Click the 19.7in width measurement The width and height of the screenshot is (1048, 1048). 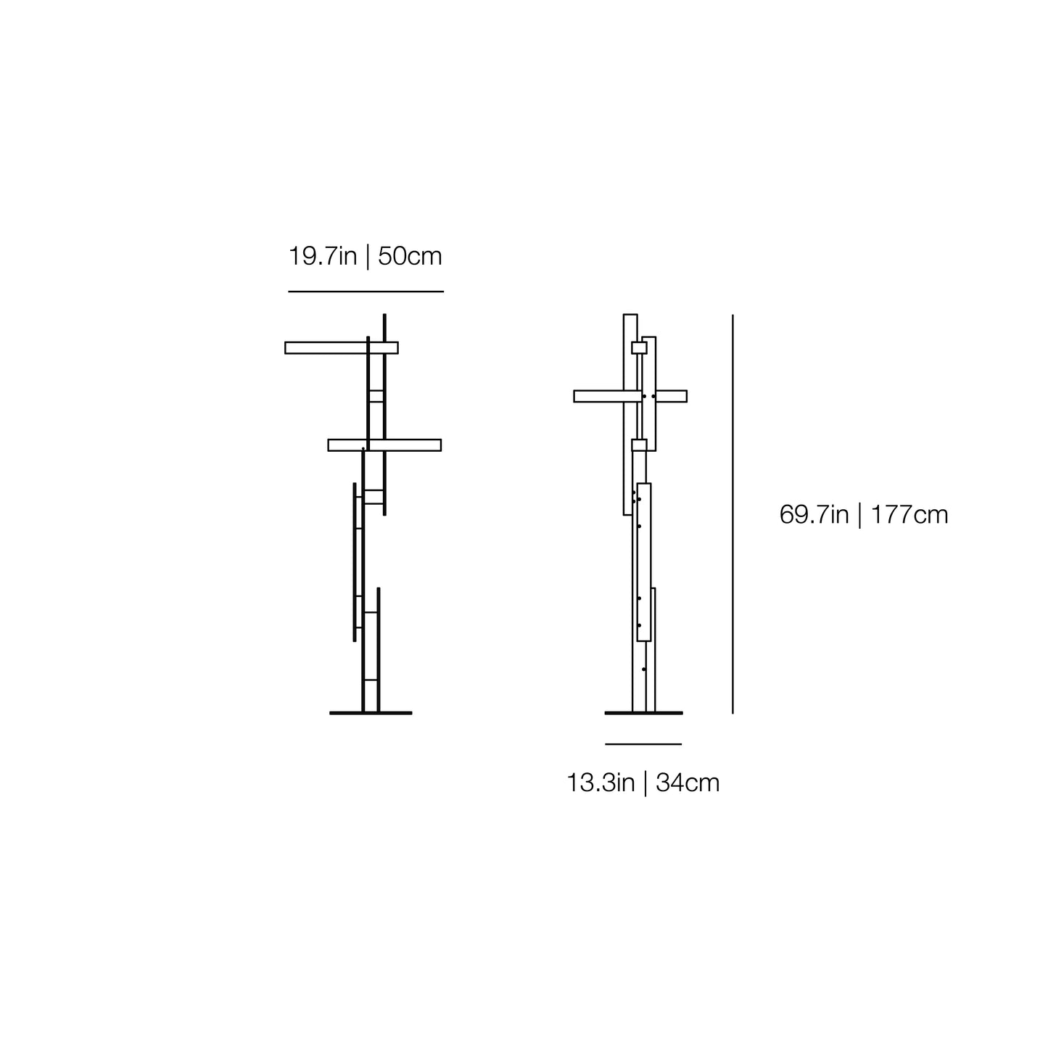coord(323,257)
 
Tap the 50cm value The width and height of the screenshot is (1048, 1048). coord(410,257)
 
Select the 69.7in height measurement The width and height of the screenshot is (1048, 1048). coord(814,515)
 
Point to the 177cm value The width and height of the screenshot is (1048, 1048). coord(909,515)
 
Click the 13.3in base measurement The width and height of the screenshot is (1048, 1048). coord(601,783)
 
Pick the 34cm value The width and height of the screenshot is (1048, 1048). coord(688,783)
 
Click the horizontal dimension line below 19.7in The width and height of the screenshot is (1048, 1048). coord(366,292)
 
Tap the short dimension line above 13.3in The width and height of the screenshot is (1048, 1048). coord(643,744)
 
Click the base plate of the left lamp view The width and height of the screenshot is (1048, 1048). coord(371,713)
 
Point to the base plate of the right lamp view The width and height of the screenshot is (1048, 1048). coord(643,713)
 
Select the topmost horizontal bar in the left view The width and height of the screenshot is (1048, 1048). coord(326,347)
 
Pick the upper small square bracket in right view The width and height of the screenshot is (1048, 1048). coord(639,348)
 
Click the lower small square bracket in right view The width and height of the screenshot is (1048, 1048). coord(639,445)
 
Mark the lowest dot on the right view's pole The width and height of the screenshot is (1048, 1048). coord(643,669)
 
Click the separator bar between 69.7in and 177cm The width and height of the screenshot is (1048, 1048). coord(859,515)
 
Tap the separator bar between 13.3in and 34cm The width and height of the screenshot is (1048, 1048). coord(645,783)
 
